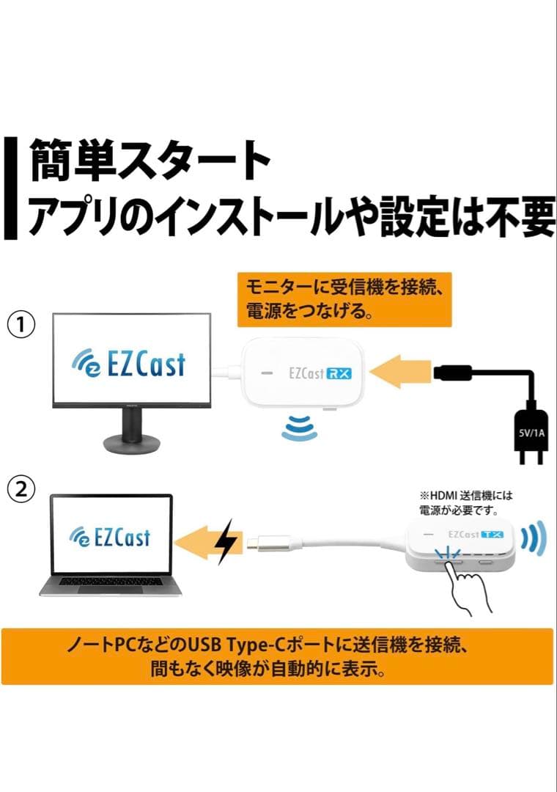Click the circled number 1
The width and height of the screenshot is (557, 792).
click(x=23, y=323)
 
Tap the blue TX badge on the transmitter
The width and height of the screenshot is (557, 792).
click(x=496, y=535)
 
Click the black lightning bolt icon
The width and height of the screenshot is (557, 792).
click(x=228, y=542)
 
